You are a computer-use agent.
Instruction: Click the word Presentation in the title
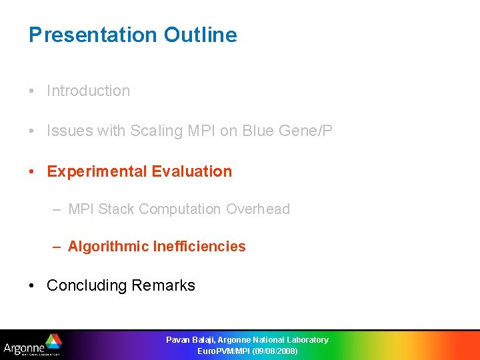[x=93, y=35]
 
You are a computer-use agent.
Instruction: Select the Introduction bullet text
[x=88, y=91]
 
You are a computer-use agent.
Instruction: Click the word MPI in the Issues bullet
[x=201, y=131]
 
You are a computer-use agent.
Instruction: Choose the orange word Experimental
[x=97, y=171]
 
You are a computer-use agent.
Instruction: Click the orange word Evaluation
[x=192, y=171]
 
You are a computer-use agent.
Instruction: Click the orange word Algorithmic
[x=108, y=247]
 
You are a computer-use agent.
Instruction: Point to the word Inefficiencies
[x=199, y=247]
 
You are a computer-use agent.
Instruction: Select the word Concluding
[x=87, y=285]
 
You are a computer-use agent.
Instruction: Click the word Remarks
[x=163, y=285]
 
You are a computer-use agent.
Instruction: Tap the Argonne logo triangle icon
[x=53, y=341]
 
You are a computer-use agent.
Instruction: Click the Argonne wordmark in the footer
[x=24, y=347]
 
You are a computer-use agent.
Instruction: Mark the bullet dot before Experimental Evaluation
[x=33, y=171]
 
